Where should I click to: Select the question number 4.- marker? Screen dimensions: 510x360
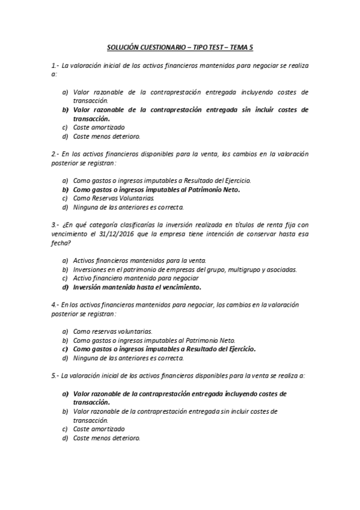click(x=55, y=305)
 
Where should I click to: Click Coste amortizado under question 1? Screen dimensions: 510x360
click(x=99, y=127)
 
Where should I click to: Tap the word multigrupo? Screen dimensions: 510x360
click(x=238, y=269)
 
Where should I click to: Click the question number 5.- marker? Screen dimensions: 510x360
click(x=55, y=375)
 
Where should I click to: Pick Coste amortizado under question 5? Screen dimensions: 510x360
click(x=99, y=429)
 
